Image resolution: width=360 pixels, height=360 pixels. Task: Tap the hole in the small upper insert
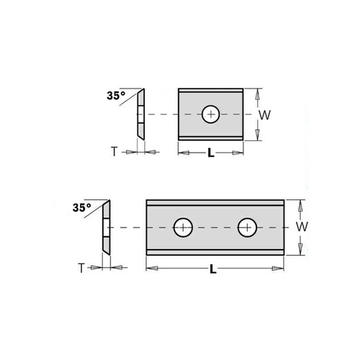click(211, 114)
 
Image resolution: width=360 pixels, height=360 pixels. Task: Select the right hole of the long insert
click(248, 226)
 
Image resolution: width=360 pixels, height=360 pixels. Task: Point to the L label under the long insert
click(214, 269)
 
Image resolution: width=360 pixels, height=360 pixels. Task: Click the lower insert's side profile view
click(105, 226)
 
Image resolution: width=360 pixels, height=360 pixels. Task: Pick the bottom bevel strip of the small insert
click(211, 137)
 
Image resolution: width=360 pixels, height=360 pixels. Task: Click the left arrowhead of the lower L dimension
click(150, 269)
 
